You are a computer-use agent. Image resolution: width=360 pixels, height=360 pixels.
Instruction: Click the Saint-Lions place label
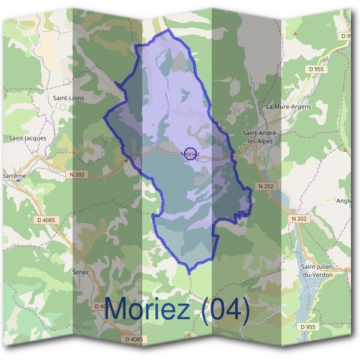pos(69,97)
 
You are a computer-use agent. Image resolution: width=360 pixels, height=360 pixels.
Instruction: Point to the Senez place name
pos(80,272)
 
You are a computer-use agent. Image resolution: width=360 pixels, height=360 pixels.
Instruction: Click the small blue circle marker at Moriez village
pos(190,154)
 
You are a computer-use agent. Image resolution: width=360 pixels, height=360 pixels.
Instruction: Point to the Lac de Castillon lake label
pos(310,286)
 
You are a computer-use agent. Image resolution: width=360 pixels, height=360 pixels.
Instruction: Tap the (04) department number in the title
pos(226,310)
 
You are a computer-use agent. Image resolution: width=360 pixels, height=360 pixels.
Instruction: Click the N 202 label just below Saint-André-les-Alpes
pos(266,187)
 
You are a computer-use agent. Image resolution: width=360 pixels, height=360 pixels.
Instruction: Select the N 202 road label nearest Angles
pos(300,219)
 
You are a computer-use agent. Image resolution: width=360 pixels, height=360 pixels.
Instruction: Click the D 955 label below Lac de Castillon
pos(307,327)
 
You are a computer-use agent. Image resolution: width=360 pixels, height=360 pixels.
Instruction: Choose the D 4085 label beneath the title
pos(134,340)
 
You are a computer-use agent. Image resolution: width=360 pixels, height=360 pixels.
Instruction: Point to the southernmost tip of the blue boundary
pos(189,274)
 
